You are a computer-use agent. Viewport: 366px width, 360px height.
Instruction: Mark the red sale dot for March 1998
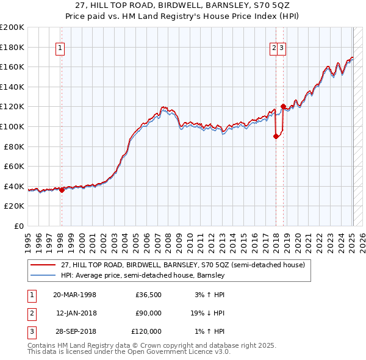(62, 190)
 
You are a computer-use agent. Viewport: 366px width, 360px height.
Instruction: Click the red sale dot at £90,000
(276, 137)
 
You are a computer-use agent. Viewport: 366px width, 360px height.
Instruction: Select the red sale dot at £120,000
(283, 107)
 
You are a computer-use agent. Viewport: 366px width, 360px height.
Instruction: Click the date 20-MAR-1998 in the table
(74, 295)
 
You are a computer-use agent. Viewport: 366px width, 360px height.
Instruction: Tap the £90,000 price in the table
(148, 314)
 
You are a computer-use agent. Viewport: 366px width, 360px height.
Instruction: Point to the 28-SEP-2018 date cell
(74, 332)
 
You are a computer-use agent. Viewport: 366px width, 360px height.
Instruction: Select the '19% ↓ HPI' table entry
(206, 314)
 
